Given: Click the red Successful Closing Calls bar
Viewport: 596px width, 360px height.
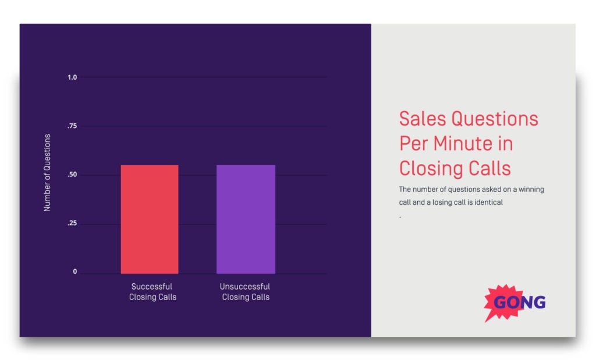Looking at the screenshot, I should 150,219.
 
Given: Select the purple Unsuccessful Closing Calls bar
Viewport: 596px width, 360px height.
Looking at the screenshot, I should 246,219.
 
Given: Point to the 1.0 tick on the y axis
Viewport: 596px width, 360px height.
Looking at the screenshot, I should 72,77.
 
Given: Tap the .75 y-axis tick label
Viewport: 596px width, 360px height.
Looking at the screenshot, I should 72,126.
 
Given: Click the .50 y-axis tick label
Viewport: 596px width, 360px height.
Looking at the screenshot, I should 72,175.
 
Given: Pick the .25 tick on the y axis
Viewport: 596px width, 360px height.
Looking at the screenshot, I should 72,224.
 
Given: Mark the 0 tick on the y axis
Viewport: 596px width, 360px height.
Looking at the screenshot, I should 74,272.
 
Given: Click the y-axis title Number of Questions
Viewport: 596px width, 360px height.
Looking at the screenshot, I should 48,173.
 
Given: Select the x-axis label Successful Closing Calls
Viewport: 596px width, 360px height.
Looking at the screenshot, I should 152,292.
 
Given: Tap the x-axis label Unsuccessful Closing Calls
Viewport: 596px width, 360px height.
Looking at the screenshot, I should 245,292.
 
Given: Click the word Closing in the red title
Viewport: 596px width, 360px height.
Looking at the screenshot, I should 431,169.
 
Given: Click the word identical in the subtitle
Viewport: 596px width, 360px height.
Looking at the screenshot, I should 488,203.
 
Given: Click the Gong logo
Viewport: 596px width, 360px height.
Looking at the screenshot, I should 515,302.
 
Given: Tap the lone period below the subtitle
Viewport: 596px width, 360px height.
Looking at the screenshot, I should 400,217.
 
